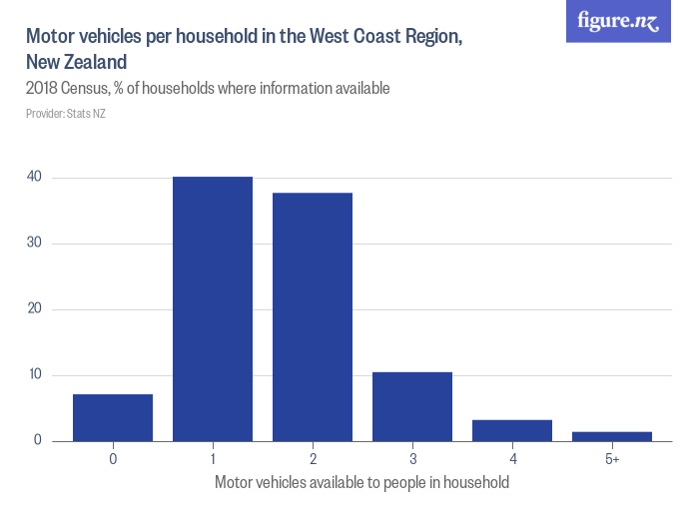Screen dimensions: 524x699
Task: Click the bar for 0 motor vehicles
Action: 113,417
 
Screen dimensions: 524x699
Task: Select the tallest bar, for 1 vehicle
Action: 213,308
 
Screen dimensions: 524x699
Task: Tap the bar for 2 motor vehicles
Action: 313,316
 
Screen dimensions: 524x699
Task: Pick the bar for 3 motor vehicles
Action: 412,406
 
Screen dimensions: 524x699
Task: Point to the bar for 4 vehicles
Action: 512,430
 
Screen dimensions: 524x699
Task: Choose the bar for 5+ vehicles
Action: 612,436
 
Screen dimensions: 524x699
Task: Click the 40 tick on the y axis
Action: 34,178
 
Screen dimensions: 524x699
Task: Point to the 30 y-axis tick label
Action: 34,244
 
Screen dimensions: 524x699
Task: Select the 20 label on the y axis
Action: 34,309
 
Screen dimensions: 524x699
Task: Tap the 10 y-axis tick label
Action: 34,375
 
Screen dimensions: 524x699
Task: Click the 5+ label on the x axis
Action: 612,459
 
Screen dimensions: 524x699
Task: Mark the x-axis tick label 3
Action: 412,459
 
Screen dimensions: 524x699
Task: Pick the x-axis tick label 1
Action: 213,459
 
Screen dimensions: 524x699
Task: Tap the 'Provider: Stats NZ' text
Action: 66,114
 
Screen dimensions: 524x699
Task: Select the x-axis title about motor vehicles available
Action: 361,483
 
